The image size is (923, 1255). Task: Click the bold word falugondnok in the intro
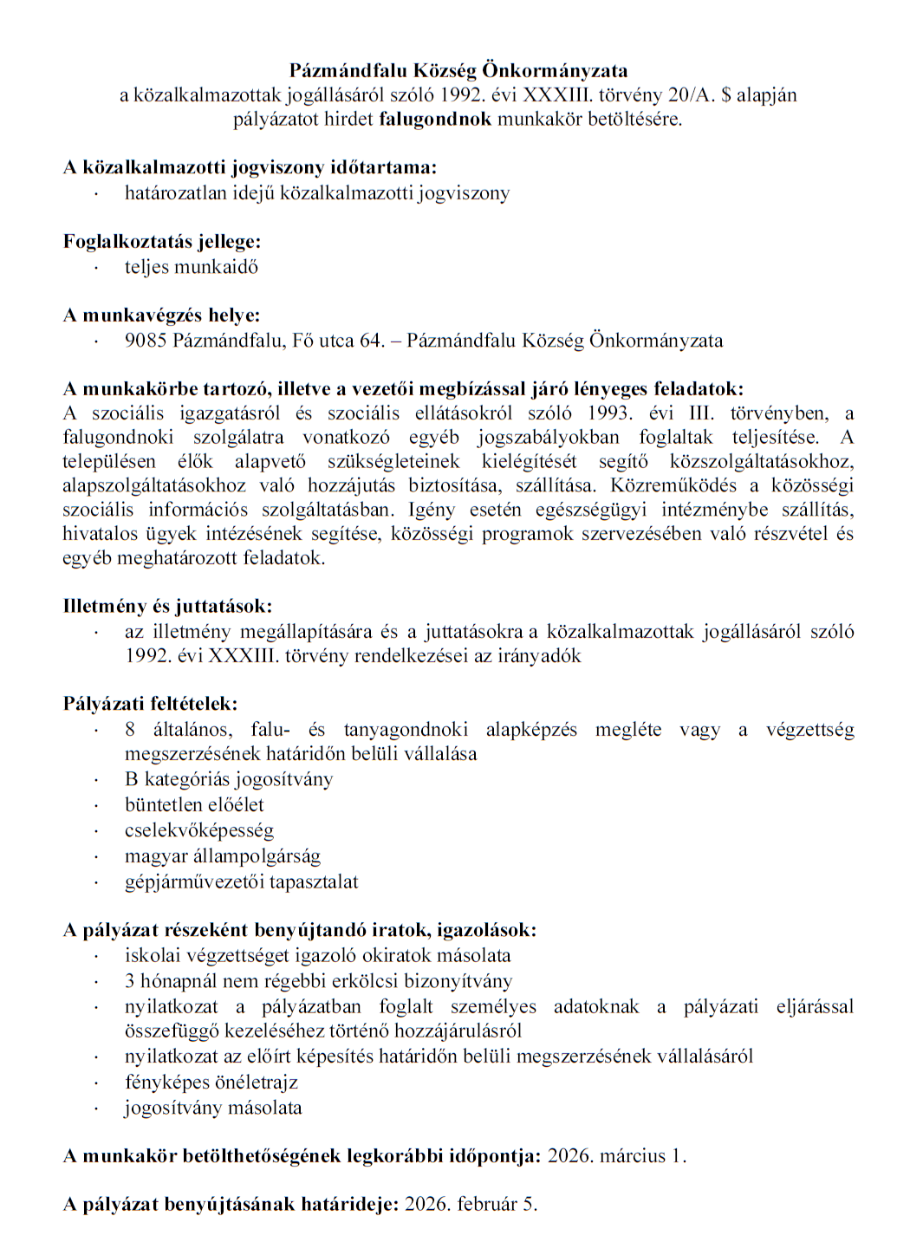tap(435, 119)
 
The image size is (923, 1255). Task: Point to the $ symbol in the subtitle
tap(725, 94)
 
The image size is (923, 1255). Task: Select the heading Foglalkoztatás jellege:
tap(162, 241)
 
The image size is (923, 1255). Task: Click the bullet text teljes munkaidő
tap(191, 267)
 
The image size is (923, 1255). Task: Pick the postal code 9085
tap(145, 341)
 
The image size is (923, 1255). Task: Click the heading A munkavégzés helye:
tap(161, 315)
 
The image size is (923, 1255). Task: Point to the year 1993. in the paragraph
tap(608, 413)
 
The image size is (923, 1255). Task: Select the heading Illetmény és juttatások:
tap(167, 605)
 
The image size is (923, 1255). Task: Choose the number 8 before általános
tap(130, 729)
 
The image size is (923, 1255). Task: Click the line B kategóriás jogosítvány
tap(229, 779)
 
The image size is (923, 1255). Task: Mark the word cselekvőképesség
tap(199, 830)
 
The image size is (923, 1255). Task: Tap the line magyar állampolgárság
tap(223, 856)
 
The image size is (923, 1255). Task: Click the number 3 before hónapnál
tap(130, 980)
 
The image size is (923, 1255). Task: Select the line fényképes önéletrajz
tap(211, 1082)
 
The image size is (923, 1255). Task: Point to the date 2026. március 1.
tap(617, 1155)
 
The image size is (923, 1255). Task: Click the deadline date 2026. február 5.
tap(471, 1204)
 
